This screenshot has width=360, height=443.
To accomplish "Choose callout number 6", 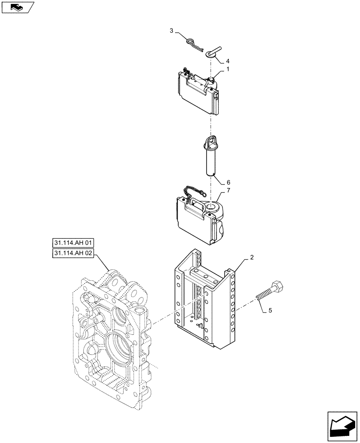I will click(x=228, y=182).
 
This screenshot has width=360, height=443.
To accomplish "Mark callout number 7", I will click(x=228, y=190).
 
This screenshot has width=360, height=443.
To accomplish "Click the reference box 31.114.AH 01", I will click(x=73, y=243).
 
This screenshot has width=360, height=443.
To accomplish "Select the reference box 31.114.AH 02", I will click(x=73, y=253).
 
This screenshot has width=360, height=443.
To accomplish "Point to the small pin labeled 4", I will click(x=213, y=50).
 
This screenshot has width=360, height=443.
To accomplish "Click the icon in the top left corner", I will click(x=17, y=7).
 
